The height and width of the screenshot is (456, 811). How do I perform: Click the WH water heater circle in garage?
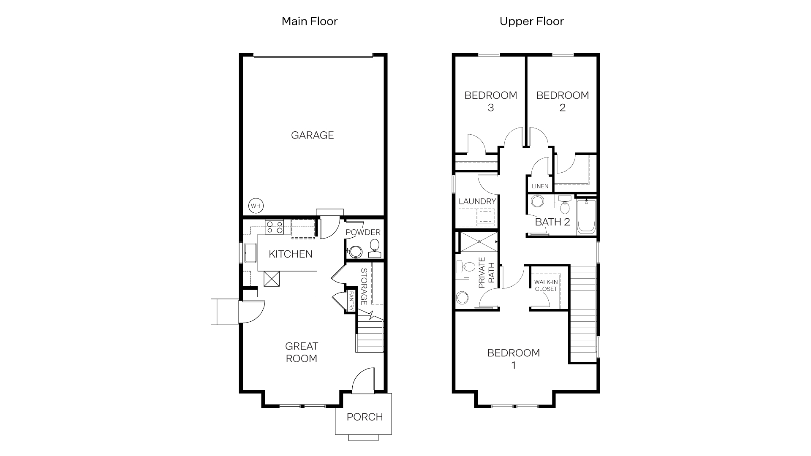[256, 206]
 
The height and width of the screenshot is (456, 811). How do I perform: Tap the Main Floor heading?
[310, 21]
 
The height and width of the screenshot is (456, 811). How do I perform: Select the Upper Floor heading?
[531, 21]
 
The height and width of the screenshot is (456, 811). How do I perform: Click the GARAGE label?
[312, 135]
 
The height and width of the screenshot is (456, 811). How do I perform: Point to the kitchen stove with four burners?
[274, 227]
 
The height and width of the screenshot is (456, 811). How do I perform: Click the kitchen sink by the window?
[250, 252]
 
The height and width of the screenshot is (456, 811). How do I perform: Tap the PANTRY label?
[351, 301]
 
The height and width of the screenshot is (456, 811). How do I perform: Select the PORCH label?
[365, 417]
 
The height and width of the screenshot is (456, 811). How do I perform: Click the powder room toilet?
[374, 245]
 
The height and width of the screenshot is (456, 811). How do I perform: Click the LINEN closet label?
[540, 186]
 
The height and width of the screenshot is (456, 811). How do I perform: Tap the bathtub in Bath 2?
[586, 216]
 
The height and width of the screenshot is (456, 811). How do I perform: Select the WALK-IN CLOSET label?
[546, 285]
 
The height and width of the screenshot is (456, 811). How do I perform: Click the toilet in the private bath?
[466, 267]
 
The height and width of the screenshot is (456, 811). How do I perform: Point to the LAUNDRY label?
[477, 201]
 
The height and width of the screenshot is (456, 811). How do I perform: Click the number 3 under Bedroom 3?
[490, 108]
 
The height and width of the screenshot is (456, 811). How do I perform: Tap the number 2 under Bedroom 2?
[562, 108]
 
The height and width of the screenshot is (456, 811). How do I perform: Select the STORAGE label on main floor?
[364, 286]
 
